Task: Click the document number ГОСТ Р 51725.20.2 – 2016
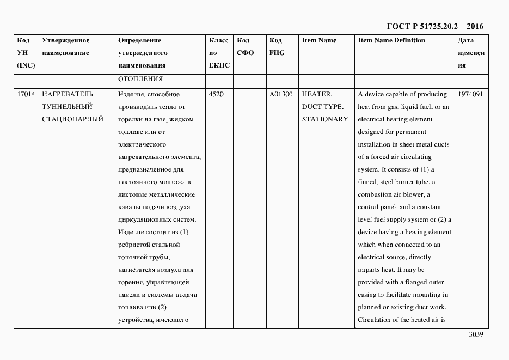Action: point(434,26)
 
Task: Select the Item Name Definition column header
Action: point(391,40)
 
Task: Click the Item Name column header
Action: point(319,40)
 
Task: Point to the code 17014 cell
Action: point(26,94)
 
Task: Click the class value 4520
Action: point(216,94)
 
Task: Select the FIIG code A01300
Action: point(281,94)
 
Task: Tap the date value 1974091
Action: point(470,94)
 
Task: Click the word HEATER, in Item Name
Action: point(317,94)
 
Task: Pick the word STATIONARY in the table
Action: point(325,119)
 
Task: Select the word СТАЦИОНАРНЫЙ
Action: point(72,119)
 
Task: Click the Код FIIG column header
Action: point(277,46)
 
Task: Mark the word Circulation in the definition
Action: point(376,320)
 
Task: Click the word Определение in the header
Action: point(139,40)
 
